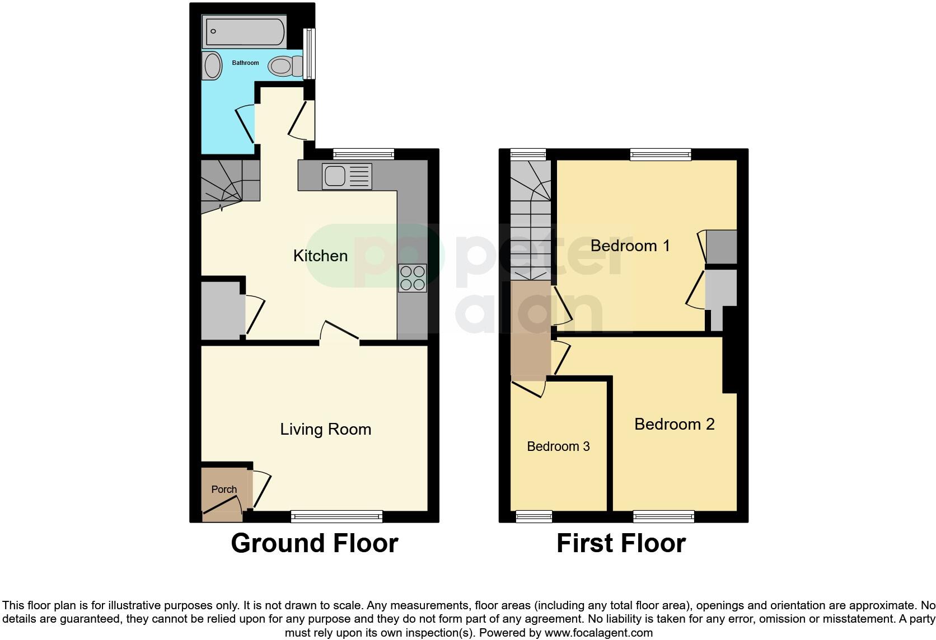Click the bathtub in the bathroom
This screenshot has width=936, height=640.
point(245,31)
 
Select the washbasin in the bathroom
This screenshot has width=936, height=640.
point(212,65)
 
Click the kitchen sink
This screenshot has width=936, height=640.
point(347,176)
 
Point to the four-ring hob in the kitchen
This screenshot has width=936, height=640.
point(413,278)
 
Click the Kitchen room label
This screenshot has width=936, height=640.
point(320,256)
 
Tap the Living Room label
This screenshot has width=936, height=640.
point(325,430)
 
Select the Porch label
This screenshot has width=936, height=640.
point(224,490)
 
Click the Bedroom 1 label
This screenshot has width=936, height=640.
point(630,246)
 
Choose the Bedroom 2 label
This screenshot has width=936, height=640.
point(674,424)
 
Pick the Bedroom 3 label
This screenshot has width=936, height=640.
point(558,446)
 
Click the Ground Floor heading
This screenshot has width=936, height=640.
point(314,543)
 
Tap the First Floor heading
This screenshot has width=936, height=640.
point(621,543)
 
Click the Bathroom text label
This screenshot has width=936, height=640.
point(245,63)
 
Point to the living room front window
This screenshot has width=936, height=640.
point(336,516)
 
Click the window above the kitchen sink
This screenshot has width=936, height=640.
point(363,154)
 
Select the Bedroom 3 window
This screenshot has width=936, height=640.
point(533,516)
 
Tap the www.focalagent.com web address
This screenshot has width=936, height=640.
point(598,633)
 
